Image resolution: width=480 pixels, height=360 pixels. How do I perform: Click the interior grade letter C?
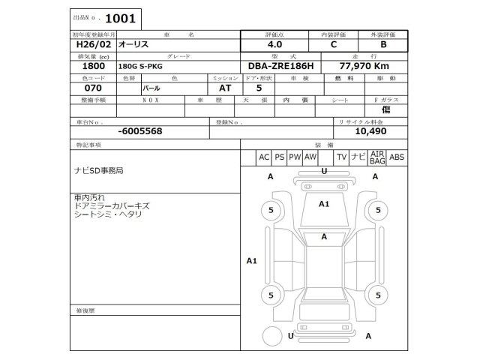(333, 44)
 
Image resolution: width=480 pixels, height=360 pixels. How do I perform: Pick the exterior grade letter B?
(382, 44)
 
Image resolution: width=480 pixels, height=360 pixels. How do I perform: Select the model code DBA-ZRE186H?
(280, 66)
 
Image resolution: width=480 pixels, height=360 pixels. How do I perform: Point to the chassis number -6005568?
(140, 130)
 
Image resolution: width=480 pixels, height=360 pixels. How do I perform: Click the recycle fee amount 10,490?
(370, 130)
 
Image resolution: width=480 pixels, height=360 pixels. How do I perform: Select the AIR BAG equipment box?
(377, 157)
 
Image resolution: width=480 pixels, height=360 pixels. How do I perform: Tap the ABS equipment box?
(397, 157)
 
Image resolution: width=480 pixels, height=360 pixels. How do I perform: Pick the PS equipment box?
(279, 157)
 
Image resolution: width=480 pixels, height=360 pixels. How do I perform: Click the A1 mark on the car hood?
(324, 203)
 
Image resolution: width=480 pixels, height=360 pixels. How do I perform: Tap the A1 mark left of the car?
(252, 261)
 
